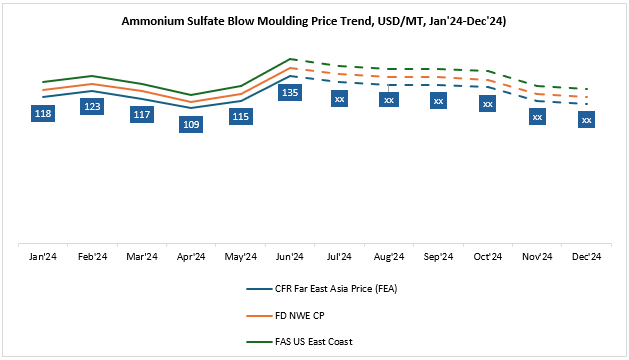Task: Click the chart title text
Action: pos(314,20)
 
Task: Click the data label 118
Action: pos(43,114)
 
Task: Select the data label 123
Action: pos(92,107)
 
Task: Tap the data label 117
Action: pos(142,114)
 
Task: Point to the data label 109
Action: pos(191,124)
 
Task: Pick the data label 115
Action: pos(240,117)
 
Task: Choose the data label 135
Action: pos(290,93)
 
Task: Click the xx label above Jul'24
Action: pos(339,99)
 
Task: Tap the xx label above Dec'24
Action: pos(587,120)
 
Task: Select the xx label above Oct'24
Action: pos(487,103)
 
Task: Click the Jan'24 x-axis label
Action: pos(43,257)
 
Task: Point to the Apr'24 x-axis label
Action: pos(191,257)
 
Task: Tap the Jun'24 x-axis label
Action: pos(290,257)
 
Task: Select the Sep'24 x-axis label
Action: pos(438,257)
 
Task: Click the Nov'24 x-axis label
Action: pos(537,257)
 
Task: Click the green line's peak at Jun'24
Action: pos(290,59)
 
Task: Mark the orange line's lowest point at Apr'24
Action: pos(191,101)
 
